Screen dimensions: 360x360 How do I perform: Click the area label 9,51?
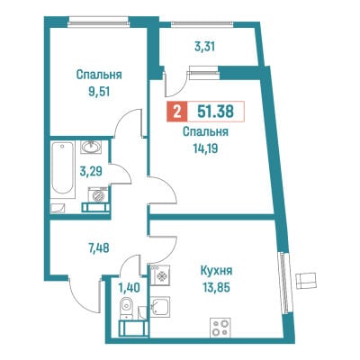[99, 92]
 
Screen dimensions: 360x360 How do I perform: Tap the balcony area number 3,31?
[204, 47]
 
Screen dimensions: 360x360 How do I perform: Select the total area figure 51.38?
[215, 112]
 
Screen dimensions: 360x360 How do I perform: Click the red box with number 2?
[177, 112]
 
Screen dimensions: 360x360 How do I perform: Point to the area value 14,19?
[206, 148]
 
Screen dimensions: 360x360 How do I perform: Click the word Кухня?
[216, 271]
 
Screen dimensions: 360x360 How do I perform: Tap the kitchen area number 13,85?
[216, 288]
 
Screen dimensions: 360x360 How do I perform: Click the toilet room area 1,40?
[129, 288]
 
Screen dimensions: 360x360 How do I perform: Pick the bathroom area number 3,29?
[91, 172]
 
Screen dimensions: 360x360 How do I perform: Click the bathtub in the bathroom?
[62, 169]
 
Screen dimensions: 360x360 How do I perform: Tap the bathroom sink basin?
[91, 147]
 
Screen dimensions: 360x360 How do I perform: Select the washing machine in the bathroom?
[98, 195]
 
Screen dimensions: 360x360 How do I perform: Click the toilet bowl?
[126, 307]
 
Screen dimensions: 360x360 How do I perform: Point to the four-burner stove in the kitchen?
[220, 328]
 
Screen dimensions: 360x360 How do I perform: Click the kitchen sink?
[160, 306]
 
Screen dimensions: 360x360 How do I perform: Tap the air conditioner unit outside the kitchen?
[306, 281]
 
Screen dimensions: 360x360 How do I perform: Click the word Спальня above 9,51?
[99, 75]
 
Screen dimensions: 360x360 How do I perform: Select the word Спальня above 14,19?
[206, 132]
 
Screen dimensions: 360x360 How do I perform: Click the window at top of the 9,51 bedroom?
[98, 22]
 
